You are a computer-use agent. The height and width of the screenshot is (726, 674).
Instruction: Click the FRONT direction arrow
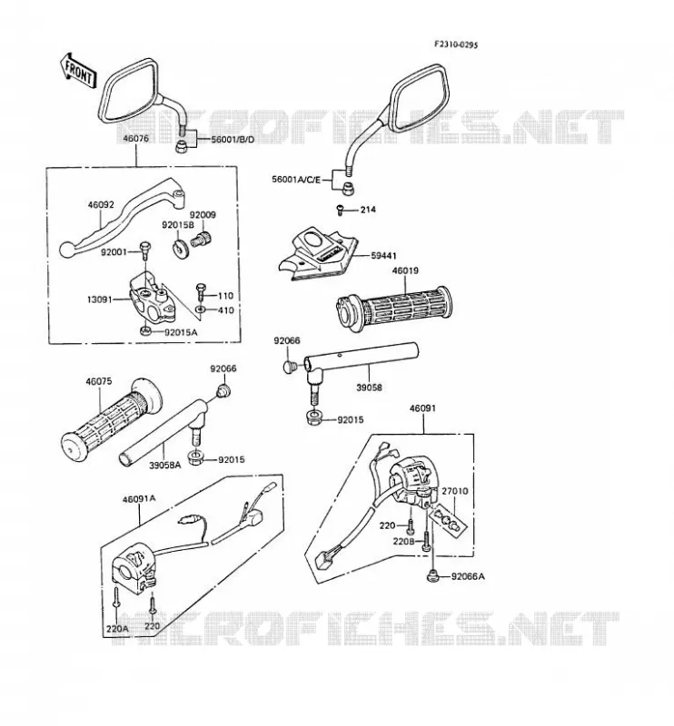[x=77, y=71]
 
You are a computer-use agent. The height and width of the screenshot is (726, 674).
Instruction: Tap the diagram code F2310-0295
[x=456, y=44]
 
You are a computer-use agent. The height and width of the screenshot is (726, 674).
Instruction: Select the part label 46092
[x=101, y=205]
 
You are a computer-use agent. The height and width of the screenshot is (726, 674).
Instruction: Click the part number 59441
[x=384, y=256]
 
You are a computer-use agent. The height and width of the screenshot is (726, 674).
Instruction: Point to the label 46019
[x=405, y=270]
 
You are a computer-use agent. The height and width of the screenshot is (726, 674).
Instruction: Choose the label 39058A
[x=165, y=465]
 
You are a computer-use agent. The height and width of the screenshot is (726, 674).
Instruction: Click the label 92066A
[x=468, y=576]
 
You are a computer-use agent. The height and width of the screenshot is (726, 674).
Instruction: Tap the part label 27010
[x=455, y=491]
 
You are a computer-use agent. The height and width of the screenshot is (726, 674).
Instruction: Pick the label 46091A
[x=139, y=499]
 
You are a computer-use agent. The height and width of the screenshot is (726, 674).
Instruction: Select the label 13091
[x=100, y=299]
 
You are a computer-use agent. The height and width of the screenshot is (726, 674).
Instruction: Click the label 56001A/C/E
[x=296, y=179]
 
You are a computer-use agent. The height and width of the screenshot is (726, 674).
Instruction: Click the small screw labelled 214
[x=339, y=211]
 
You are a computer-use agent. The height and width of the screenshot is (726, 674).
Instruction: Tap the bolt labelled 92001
[x=145, y=250]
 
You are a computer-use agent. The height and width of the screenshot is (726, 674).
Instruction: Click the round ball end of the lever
[x=68, y=250]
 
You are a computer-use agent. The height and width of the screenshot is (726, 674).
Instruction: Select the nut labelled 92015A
[x=145, y=331]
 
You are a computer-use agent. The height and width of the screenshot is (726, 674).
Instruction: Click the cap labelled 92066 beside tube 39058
[x=290, y=367]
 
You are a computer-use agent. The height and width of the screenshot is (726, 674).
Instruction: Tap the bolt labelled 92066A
[x=432, y=576]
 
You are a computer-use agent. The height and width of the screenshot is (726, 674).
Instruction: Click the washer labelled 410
[x=200, y=309]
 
